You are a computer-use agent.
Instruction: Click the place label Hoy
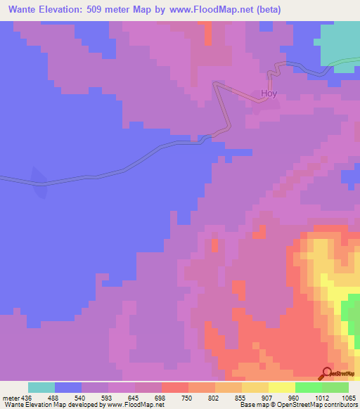pyautogui.click(x=269, y=93)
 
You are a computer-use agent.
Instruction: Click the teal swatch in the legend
pyautogui.click(x=41, y=387)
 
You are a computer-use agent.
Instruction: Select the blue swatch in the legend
pyautogui.click(x=67, y=387)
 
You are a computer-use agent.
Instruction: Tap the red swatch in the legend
pyautogui.click(x=174, y=387)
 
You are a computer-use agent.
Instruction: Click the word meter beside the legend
pyautogui.click(x=9, y=397)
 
